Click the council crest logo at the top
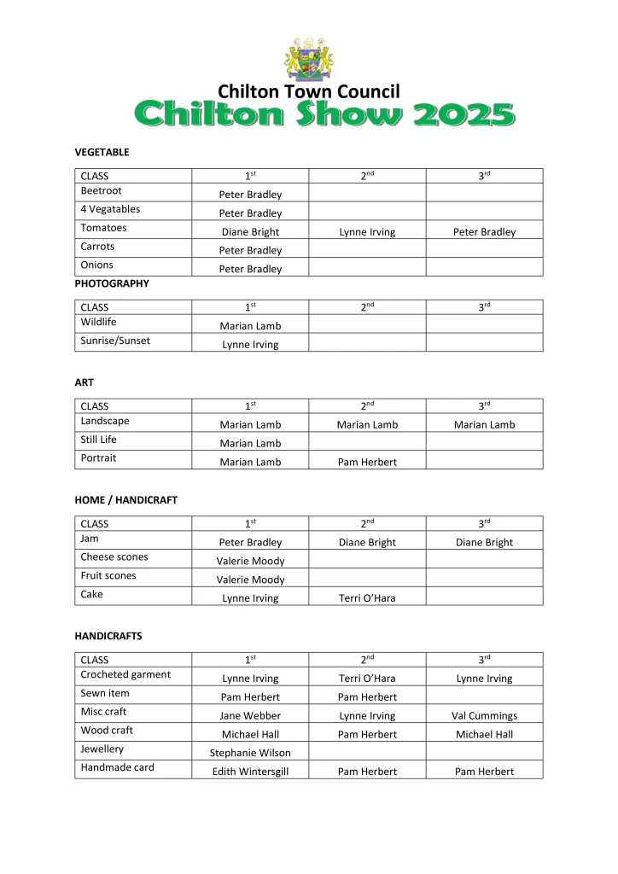coord(308,58)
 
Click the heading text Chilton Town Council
coord(308,91)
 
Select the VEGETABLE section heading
coord(102,152)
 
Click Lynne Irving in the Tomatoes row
coord(367,231)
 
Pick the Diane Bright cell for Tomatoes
coord(250,231)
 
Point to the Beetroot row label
coord(101,190)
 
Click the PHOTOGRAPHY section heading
coord(112,283)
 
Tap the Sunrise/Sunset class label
coord(115,341)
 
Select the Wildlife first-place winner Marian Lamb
coord(250,325)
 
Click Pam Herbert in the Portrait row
coord(367,462)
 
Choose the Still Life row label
coord(98,440)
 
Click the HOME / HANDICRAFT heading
coord(126,500)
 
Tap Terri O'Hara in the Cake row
coord(367,598)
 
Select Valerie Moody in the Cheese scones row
coord(250,561)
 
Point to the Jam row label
coord(90,539)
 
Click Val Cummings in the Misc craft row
coord(484,715)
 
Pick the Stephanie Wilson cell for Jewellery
coord(250,753)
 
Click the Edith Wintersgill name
coord(250,772)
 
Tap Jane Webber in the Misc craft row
coord(250,715)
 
